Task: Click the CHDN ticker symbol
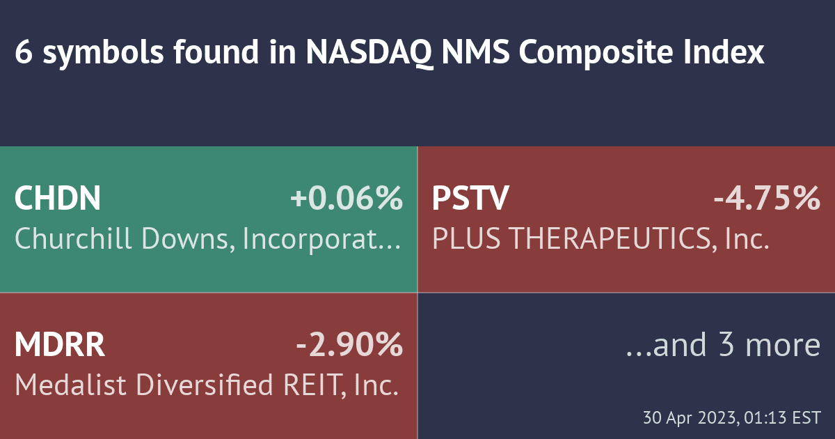pyautogui.click(x=58, y=199)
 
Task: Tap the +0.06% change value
pyautogui.click(x=347, y=199)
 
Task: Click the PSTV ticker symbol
pyautogui.click(x=470, y=199)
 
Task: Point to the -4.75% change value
pyautogui.click(x=767, y=199)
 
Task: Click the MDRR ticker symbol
pyautogui.click(x=60, y=345)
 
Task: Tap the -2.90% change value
pyautogui.click(x=349, y=345)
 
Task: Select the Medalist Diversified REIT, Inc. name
pyautogui.click(x=207, y=385)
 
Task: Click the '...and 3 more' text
pyautogui.click(x=724, y=345)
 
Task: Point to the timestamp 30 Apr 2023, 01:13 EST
pyautogui.click(x=731, y=419)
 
